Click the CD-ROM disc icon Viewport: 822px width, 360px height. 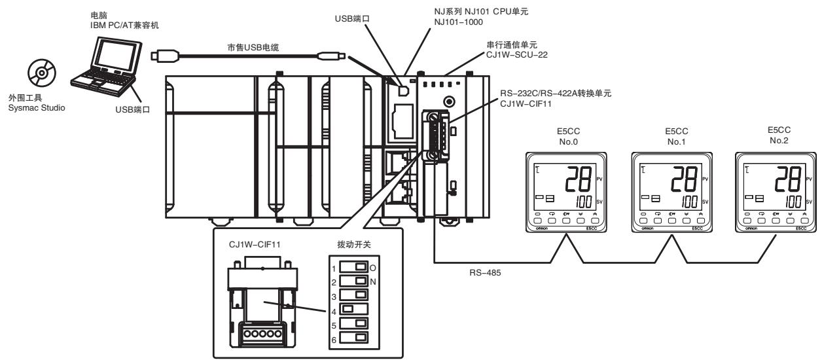tap(42, 73)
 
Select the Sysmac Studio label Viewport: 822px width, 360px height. tap(37, 108)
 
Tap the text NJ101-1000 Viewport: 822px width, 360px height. tap(458, 22)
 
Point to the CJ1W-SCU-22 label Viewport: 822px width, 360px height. tap(516, 55)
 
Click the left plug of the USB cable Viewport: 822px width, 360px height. tap(165, 56)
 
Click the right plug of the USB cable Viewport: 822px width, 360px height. tap(331, 56)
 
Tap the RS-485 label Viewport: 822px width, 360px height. tap(485, 273)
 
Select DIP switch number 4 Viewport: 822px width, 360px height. tap(353, 309)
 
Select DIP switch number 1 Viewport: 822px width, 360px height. tap(353, 266)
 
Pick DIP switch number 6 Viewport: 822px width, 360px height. tap(353, 338)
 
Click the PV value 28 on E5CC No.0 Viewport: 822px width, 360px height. tap(579, 179)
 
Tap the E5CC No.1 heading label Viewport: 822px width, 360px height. tap(676, 137)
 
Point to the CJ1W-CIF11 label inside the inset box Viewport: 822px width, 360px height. tap(255, 245)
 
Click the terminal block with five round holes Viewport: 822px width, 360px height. tap(262, 334)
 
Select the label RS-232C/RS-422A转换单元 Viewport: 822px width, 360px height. tap(556, 94)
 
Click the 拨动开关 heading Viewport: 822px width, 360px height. tap(354, 244)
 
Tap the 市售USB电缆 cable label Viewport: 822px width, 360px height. tap(253, 47)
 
